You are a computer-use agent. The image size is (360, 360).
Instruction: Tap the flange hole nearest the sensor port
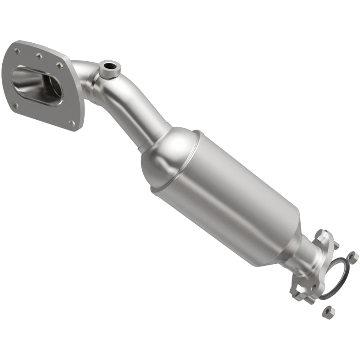point(59,66)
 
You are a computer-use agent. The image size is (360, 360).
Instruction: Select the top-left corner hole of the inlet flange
point(17,51)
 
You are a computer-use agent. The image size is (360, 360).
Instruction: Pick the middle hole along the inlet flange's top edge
point(39,57)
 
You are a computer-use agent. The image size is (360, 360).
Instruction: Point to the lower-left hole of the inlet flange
point(16,106)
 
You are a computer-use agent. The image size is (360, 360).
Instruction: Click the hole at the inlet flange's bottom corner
point(72,122)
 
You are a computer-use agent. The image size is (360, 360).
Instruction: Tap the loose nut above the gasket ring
point(353,257)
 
